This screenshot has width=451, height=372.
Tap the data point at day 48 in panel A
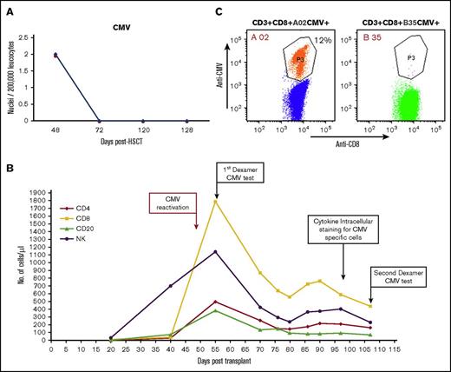pyautogui.click(x=56, y=55)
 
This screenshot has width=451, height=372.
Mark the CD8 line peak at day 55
pyautogui.click(x=215, y=202)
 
